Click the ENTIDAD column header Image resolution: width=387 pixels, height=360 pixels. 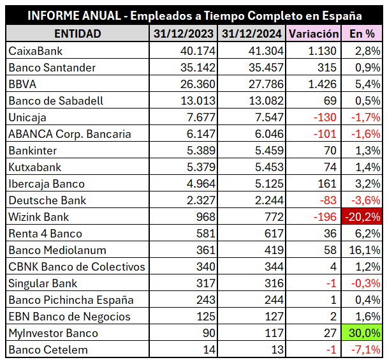(77, 33)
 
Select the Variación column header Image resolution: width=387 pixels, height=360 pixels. (313, 33)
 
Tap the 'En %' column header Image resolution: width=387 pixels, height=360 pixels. (362, 33)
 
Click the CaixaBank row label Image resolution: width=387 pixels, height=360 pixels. (36, 50)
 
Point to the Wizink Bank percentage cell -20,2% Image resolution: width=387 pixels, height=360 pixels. (362, 216)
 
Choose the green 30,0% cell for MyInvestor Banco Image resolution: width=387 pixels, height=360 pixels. (362, 333)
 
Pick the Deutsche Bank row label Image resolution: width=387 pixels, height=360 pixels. (47, 200)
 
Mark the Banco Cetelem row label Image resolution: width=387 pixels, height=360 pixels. (48, 349)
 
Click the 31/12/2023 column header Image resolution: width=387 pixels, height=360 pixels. (184, 33)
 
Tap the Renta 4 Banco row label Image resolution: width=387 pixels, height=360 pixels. (45, 233)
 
